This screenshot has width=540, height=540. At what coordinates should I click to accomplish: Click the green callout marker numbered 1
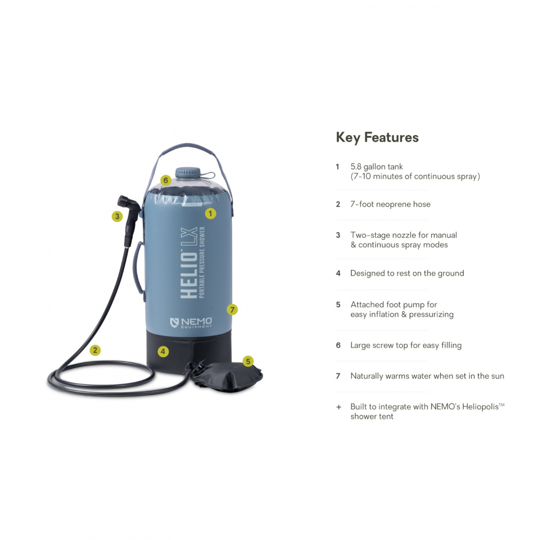(211, 213)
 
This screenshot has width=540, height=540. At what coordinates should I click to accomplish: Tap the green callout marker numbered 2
(95, 350)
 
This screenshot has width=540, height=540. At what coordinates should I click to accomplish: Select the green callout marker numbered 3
(117, 217)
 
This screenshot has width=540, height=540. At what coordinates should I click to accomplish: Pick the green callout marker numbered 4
(163, 352)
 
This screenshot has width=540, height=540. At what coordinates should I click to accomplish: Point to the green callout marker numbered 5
(248, 361)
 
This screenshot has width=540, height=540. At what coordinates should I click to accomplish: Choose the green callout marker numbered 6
(166, 180)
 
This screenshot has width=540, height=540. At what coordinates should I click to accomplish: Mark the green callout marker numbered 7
(232, 309)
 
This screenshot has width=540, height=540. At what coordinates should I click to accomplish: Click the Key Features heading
(377, 137)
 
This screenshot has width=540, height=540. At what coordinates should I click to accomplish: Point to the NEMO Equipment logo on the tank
(191, 323)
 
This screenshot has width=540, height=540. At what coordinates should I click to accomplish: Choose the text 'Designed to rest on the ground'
(407, 273)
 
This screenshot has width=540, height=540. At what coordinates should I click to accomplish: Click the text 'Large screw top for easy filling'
(406, 345)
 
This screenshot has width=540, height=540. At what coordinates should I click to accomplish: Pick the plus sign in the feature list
(338, 406)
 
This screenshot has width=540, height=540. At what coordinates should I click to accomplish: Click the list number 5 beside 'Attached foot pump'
(338, 305)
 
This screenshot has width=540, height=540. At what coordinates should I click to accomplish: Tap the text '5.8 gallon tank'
(376, 167)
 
